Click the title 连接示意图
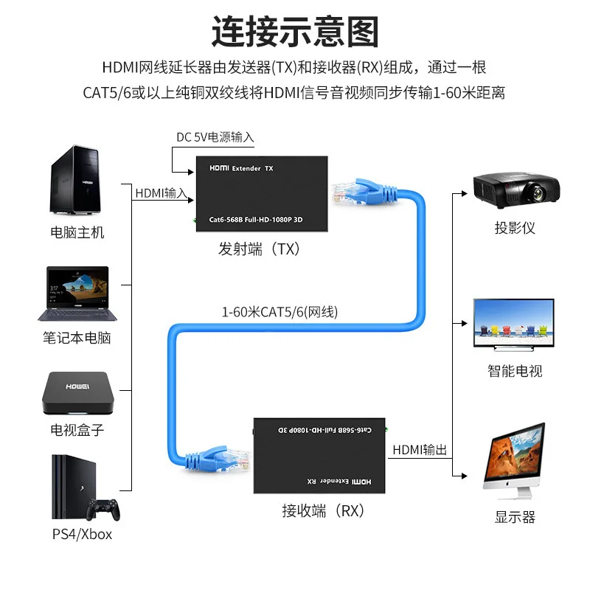click(295, 32)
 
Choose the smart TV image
click(514, 327)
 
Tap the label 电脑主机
click(77, 233)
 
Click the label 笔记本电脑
click(77, 339)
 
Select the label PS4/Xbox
click(82, 533)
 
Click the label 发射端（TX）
click(260, 249)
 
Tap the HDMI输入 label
click(162, 193)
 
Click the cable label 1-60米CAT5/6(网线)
click(280, 311)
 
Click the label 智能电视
click(515, 370)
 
